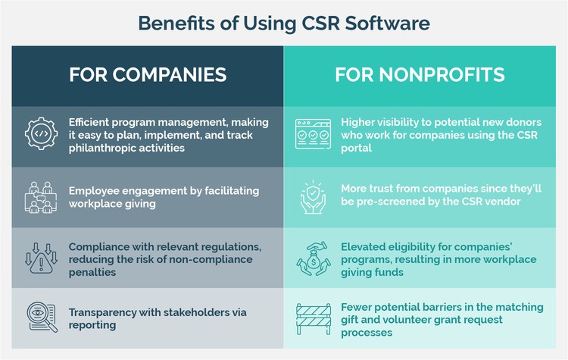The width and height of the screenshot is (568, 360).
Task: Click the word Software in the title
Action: pos(387,23)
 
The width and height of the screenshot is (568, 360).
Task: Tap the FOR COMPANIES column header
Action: pos(148,75)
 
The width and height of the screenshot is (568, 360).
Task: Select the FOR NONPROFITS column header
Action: pos(420,75)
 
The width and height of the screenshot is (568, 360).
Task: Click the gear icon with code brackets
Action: pos(42,134)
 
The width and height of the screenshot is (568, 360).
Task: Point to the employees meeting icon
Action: pos(41,197)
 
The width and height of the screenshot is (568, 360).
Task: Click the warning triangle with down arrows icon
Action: pos(41,258)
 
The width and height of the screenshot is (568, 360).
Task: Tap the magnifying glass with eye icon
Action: pos(42,317)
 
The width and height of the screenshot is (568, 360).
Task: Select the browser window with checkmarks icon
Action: pos(313,134)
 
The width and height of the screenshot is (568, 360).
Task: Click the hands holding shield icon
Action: pos(313,197)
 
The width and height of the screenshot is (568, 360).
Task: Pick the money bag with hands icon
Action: pos(314,258)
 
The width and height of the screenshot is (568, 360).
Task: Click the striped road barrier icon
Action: pos(314,319)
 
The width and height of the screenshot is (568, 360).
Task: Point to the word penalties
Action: pos(92,272)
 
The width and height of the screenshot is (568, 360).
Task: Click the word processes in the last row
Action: pos(367,333)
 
